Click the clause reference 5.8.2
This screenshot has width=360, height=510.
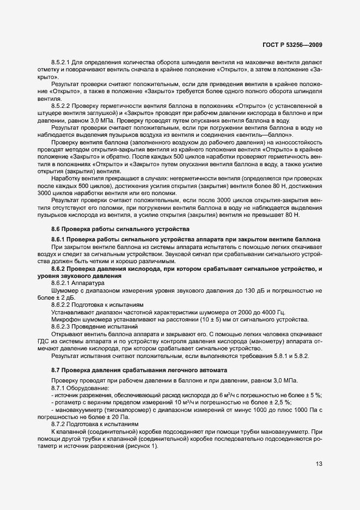pyautogui.click(x=283, y=355)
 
